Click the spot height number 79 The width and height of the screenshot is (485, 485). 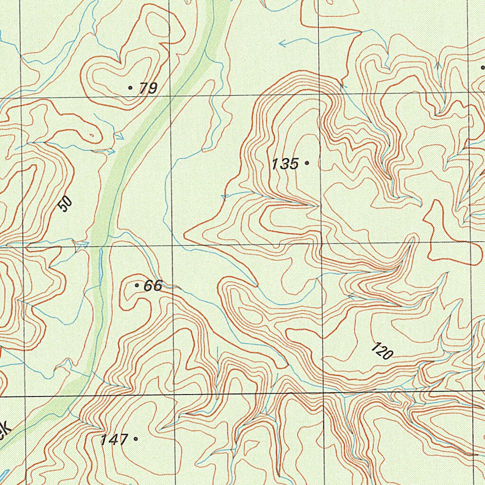point(148,88)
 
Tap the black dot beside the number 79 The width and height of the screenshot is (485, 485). point(130,88)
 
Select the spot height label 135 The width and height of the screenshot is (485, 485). point(285,164)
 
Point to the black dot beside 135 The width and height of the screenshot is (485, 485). point(307,163)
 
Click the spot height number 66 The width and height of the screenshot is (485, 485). point(153,286)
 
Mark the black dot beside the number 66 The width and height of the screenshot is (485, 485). point(137,285)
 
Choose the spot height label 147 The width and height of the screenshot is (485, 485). point(114,440)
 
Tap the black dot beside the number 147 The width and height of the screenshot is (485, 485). point(136,439)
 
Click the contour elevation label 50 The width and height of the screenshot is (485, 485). point(66,204)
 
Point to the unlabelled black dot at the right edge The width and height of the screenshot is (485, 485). point(483,67)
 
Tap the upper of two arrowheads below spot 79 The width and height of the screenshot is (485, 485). point(120,136)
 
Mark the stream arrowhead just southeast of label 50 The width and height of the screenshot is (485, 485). point(86,244)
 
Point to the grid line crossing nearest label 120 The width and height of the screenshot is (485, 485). point(324,394)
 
